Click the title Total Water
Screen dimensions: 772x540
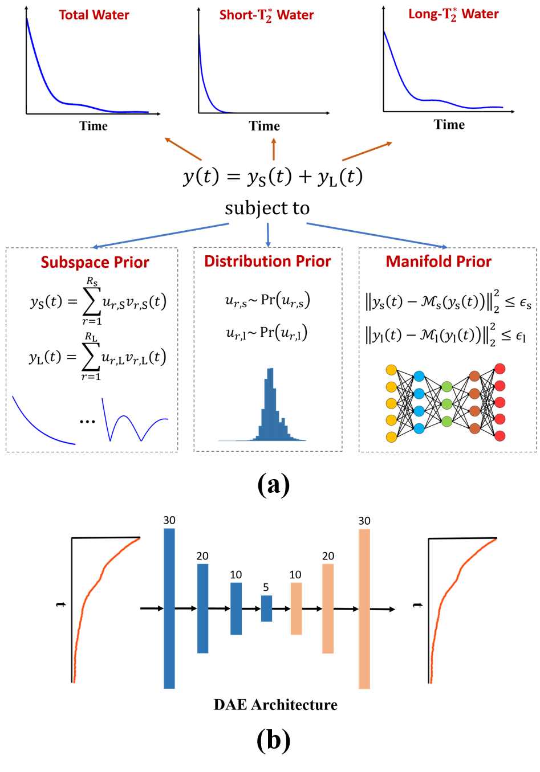[x=94, y=15]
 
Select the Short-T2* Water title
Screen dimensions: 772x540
[x=266, y=15]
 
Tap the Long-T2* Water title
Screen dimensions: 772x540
[x=453, y=15]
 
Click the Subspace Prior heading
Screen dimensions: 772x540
[x=95, y=262]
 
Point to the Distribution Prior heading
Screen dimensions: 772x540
[x=267, y=261]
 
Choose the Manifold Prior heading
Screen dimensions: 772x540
[x=439, y=262]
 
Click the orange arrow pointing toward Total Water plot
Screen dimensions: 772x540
[x=183, y=149]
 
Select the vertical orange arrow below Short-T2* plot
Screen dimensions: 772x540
[x=274, y=149]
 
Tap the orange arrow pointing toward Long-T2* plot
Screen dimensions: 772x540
[x=367, y=151]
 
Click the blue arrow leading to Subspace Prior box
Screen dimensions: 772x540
[x=160, y=236]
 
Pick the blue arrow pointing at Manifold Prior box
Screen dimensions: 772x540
[x=376, y=235]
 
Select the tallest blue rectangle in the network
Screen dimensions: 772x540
[x=169, y=608]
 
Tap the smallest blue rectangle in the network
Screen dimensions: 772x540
[x=266, y=608]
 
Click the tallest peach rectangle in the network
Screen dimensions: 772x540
[x=364, y=608]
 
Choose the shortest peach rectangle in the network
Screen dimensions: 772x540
[x=296, y=608]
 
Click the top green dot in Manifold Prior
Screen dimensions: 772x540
[x=447, y=387]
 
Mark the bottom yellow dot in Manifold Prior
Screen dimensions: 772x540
[x=391, y=437]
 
